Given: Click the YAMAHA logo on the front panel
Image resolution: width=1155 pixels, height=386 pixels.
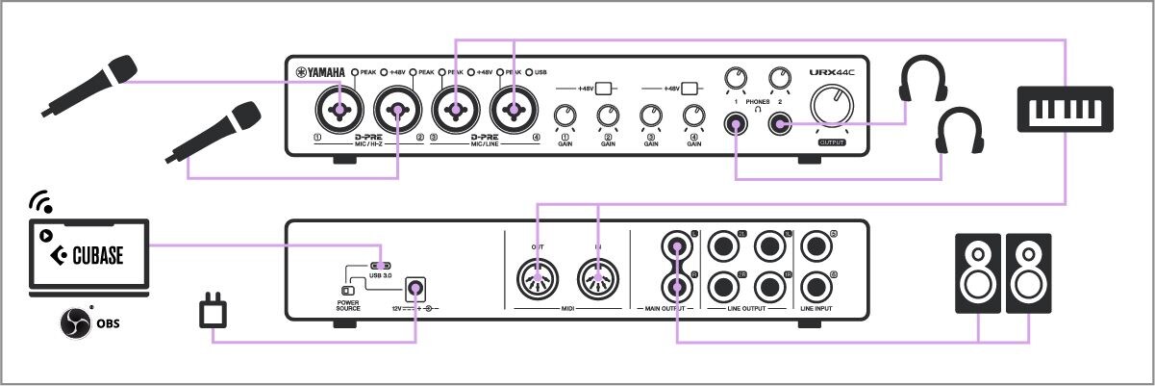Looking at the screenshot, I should pos(320,72).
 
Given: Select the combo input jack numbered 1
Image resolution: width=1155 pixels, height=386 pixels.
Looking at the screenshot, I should pos(339,111).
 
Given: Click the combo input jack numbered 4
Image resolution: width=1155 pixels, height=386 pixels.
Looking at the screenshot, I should pos(514,111).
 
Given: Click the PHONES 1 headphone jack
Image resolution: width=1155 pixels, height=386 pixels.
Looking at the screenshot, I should pos(736,124).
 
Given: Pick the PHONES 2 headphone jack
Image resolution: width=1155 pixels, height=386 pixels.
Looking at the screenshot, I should pos(780,124).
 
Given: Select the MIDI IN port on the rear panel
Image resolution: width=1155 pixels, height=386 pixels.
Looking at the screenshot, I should pos(598,280).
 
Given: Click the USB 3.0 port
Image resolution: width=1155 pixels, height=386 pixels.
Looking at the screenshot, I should pos(381,267).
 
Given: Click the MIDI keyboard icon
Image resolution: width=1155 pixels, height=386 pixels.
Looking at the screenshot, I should pos(1066,107).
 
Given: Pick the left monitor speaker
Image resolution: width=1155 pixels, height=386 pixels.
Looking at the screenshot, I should pos(977,273).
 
